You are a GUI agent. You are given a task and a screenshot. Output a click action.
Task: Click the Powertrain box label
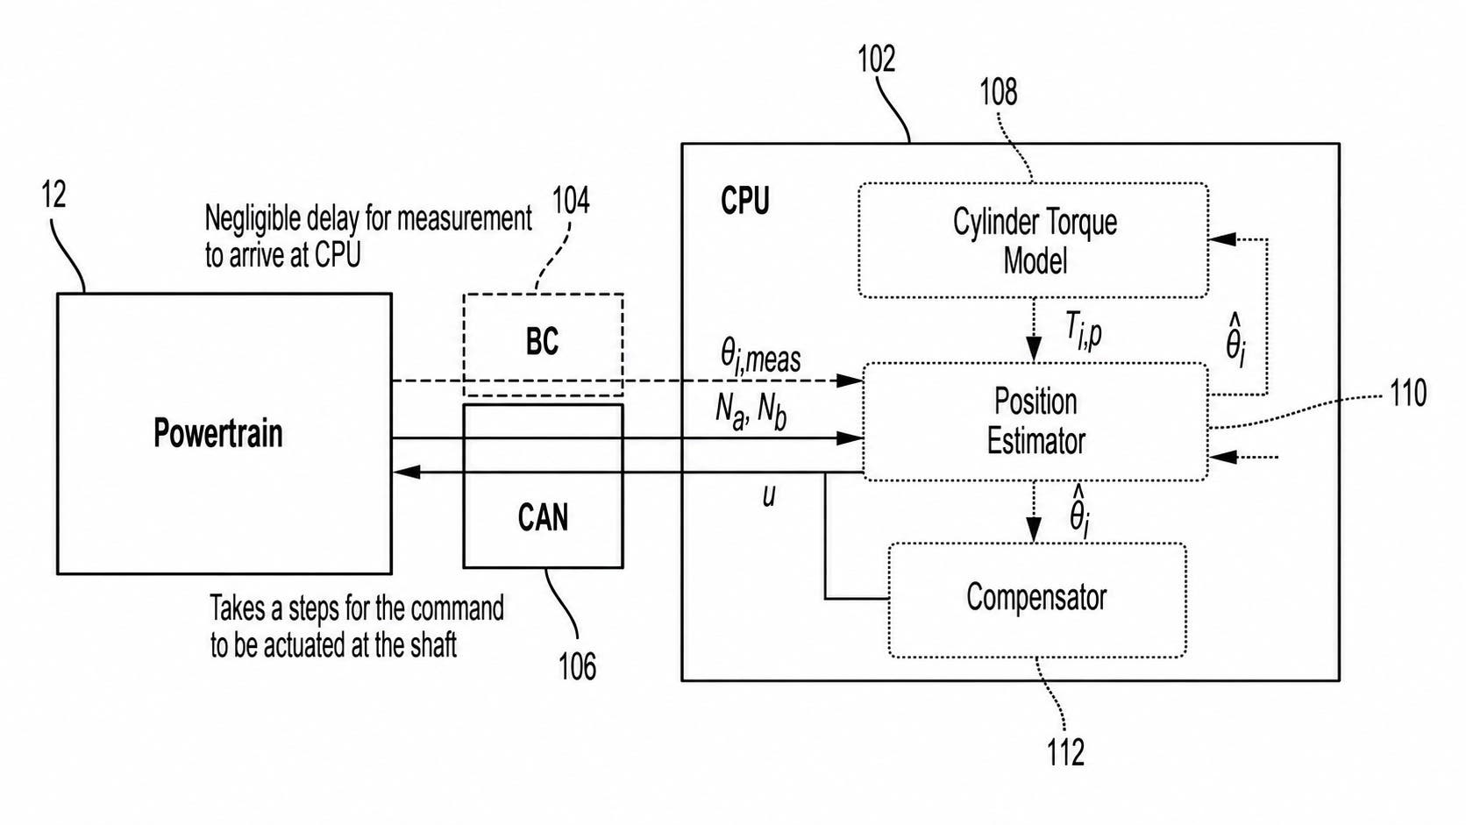[x=218, y=433]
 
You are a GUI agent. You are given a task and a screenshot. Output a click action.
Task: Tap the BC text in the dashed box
[x=543, y=341]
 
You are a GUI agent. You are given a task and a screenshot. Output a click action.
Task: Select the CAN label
[x=543, y=517]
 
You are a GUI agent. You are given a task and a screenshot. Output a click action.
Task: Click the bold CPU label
[x=744, y=200]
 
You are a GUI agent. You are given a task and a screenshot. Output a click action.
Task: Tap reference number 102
[x=876, y=60]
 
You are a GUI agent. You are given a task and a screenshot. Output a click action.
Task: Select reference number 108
[x=999, y=92]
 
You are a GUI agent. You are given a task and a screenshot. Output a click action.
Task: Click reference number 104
[x=571, y=200]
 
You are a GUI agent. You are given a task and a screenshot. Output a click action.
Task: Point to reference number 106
[x=577, y=667]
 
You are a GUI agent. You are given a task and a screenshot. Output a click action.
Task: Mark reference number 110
[x=1408, y=394]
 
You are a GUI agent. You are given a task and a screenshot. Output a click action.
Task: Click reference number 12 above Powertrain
[x=54, y=195]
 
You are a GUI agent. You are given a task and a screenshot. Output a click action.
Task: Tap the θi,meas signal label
[x=760, y=358]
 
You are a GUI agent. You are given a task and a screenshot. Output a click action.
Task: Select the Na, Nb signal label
[x=751, y=413]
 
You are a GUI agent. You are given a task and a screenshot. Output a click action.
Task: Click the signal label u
[x=769, y=496]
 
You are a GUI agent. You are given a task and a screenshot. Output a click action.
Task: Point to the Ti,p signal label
[x=1083, y=331]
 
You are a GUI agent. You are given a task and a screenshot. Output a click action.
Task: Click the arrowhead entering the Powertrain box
[x=406, y=472]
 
